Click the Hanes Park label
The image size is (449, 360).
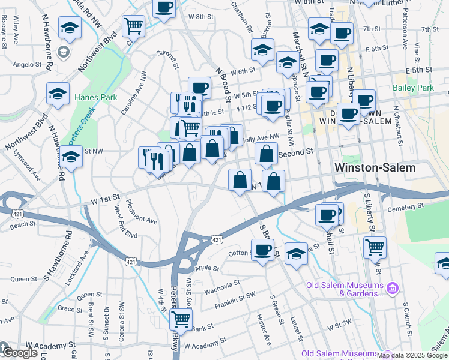pyautogui.click(x=89, y=97)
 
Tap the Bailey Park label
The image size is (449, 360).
pyautogui.click(x=413, y=88)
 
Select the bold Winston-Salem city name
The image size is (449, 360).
pyautogui.click(x=375, y=167)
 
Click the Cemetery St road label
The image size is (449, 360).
pyautogui.click(x=405, y=205)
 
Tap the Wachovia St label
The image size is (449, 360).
pyautogui.click(x=222, y=282)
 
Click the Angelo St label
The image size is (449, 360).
pyautogui.click(x=26, y=64)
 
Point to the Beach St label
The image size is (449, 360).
pyautogui.click(x=23, y=224)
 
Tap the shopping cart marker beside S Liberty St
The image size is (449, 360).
pyautogui.click(x=375, y=246)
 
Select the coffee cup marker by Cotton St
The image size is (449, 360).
pyautogui.click(x=262, y=249)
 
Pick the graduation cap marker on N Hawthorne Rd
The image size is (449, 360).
pyautogui.click(x=71, y=158)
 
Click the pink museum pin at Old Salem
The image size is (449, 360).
pyautogui.click(x=393, y=289)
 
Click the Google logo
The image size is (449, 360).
pyautogui.click(x=19, y=352)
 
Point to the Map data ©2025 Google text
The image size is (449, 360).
pyautogui.click(x=412, y=355)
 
